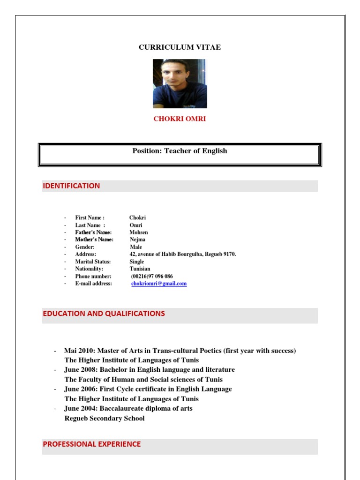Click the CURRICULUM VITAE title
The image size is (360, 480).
180,47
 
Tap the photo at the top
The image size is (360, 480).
180,83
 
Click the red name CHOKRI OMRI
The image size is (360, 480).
180,119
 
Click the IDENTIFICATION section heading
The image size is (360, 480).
71,186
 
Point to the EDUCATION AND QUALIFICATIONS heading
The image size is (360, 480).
104,314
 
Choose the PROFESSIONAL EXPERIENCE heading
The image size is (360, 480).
91,444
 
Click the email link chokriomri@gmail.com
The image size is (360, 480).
159,284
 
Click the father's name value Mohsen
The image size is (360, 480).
138,232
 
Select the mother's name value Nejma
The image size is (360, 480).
137,240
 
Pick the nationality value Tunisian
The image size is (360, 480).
140,269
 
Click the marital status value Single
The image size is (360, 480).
137,262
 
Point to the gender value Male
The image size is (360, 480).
135,247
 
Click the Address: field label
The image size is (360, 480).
85,254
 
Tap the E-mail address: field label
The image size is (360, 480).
93,284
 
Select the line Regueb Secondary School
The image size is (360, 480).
105,419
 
